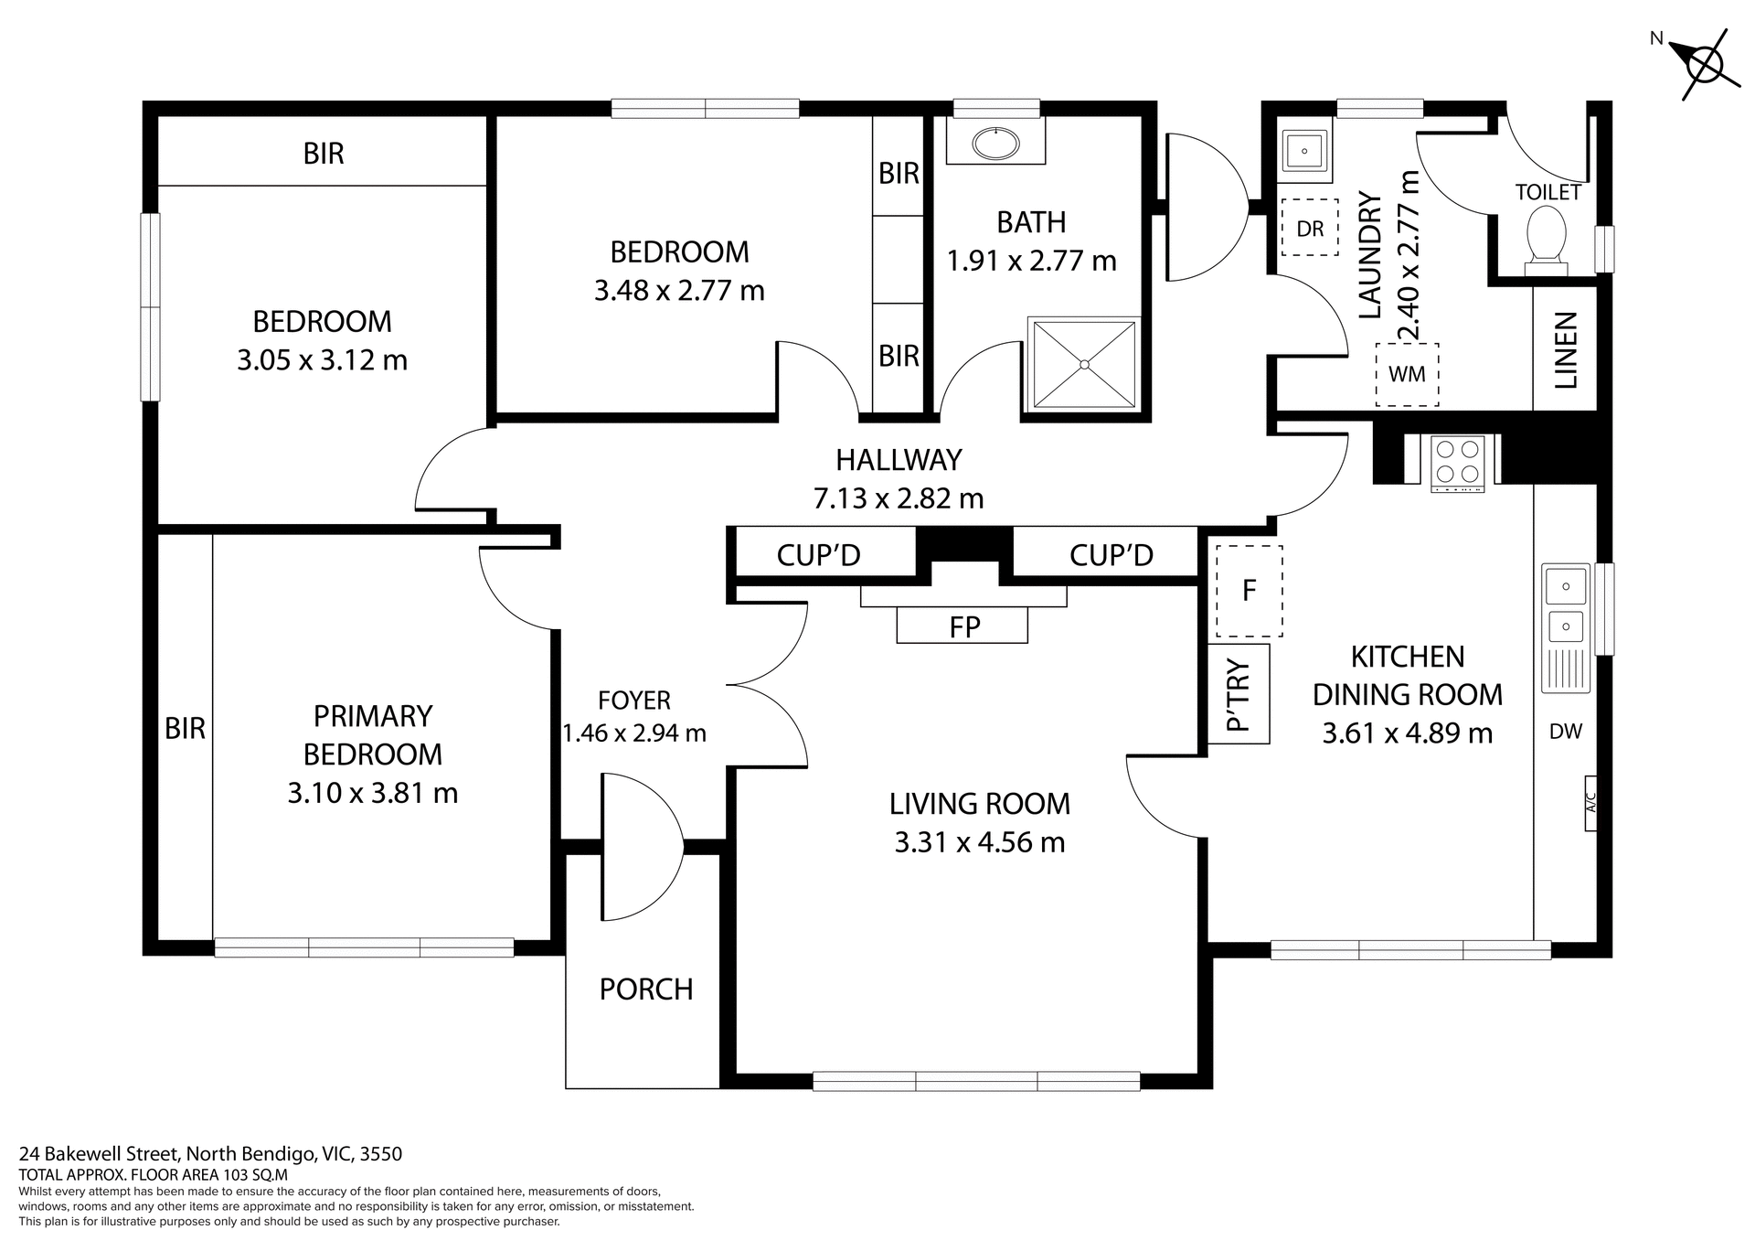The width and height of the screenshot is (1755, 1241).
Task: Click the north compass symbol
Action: click(1704, 65)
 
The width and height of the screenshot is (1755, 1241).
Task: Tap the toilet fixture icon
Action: click(1546, 240)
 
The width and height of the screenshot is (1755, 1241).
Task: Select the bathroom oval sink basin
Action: click(995, 144)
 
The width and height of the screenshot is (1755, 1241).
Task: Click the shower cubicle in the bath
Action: click(1084, 364)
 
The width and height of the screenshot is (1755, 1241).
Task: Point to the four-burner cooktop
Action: click(1457, 462)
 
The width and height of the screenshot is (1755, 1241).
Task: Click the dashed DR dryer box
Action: click(1310, 229)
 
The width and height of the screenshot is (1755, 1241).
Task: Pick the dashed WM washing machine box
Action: click(1407, 375)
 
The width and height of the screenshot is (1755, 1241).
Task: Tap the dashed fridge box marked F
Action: click(1249, 591)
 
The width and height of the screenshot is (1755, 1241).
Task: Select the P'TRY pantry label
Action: click(1238, 695)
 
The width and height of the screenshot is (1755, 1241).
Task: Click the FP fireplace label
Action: click(964, 626)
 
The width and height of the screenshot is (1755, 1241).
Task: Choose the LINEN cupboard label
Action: click(1566, 350)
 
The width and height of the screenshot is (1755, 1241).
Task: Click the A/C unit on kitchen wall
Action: click(1590, 803)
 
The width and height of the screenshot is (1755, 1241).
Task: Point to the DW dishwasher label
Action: click(1566, 732)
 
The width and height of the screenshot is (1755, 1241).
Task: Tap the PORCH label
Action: click(645, 990)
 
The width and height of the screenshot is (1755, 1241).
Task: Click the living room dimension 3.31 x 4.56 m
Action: click(979, 842)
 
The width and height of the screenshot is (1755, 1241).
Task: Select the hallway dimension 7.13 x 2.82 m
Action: click(899, 498)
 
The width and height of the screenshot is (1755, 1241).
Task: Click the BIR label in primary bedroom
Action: click(185, 729)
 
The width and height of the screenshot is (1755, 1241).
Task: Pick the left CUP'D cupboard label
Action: click(818, 555)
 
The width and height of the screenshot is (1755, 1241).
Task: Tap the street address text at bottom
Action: click(210, 1154)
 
